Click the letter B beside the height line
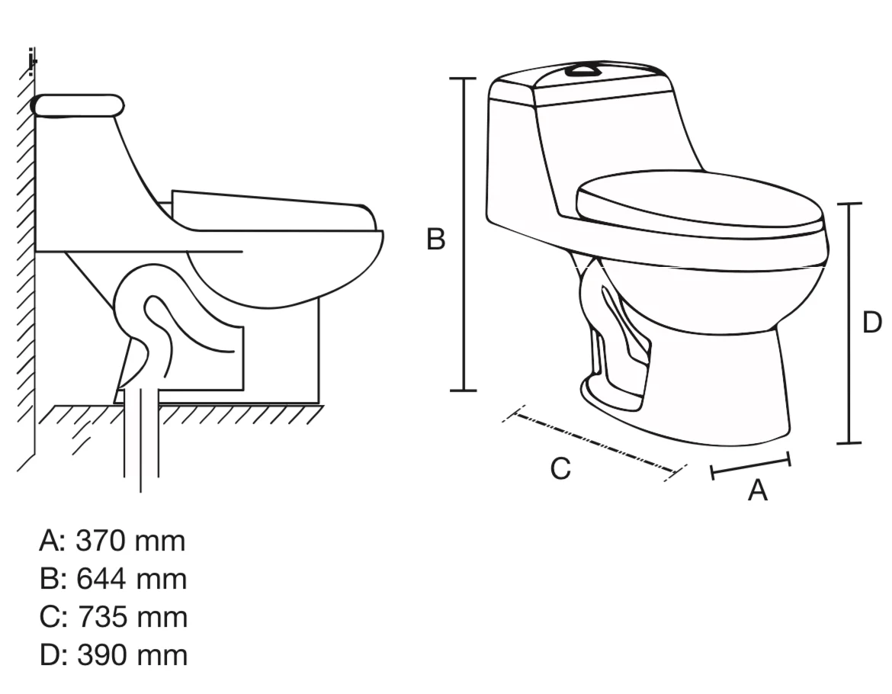pos(436,239)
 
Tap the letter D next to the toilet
pos(872,323)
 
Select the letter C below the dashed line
pos(560,469)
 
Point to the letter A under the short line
pos(757,490)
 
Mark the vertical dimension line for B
pos(464,234)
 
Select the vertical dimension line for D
pos(849,323)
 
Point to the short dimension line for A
pos(751,465)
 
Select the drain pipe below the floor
pos(141,438)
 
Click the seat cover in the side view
pos(273,211)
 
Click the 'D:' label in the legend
pos(55,655)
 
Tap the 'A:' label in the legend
pos(53,541)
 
